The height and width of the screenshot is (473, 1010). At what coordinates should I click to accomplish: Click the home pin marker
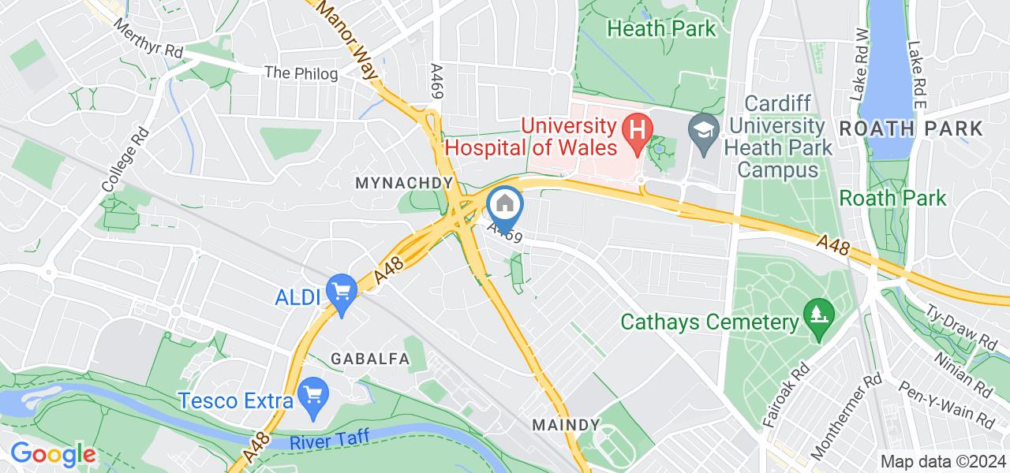pyautogui.click(x=505, y=207)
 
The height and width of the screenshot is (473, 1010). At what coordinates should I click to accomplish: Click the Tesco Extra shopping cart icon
pyautogui.click(x=313, y=392)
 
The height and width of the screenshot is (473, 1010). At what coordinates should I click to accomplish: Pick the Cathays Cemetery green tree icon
pyautogui.click(x=818, y=314)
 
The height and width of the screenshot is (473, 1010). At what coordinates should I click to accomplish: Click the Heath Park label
pyautogui.click(x=662, y=29)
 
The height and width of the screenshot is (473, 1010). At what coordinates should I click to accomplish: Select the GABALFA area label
pyautogui.click(x=370, y=359)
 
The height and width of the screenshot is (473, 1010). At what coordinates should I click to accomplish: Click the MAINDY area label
pyautogui.click(x=566, y=425)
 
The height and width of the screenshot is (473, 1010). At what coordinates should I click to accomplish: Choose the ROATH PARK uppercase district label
pyautogui.click(x=911, y=128)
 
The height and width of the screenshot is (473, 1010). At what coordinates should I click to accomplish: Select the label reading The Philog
pyautogui.click(x=301, y=73)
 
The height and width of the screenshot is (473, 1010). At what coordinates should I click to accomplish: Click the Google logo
pyautogui.click(x=53, y=455)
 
